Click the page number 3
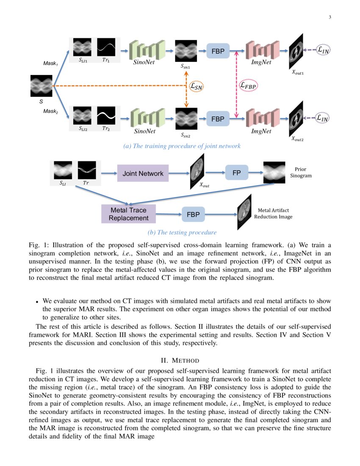(x=330, y=17)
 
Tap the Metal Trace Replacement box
(x=129, y=214)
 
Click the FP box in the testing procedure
(x=236, y=173)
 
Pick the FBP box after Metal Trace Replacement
(x=194, y=214)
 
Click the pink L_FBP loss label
(x=249, y=85)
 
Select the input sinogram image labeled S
(x=41, y=86)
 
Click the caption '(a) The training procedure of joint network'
(x=182, y=146)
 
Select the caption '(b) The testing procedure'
(x=182, y=232)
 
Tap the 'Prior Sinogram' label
(x=303, y=172)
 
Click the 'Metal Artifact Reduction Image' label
(x=273, y=213)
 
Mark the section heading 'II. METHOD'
(x=180, y=361)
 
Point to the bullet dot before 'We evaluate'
(x=38, y=302)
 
